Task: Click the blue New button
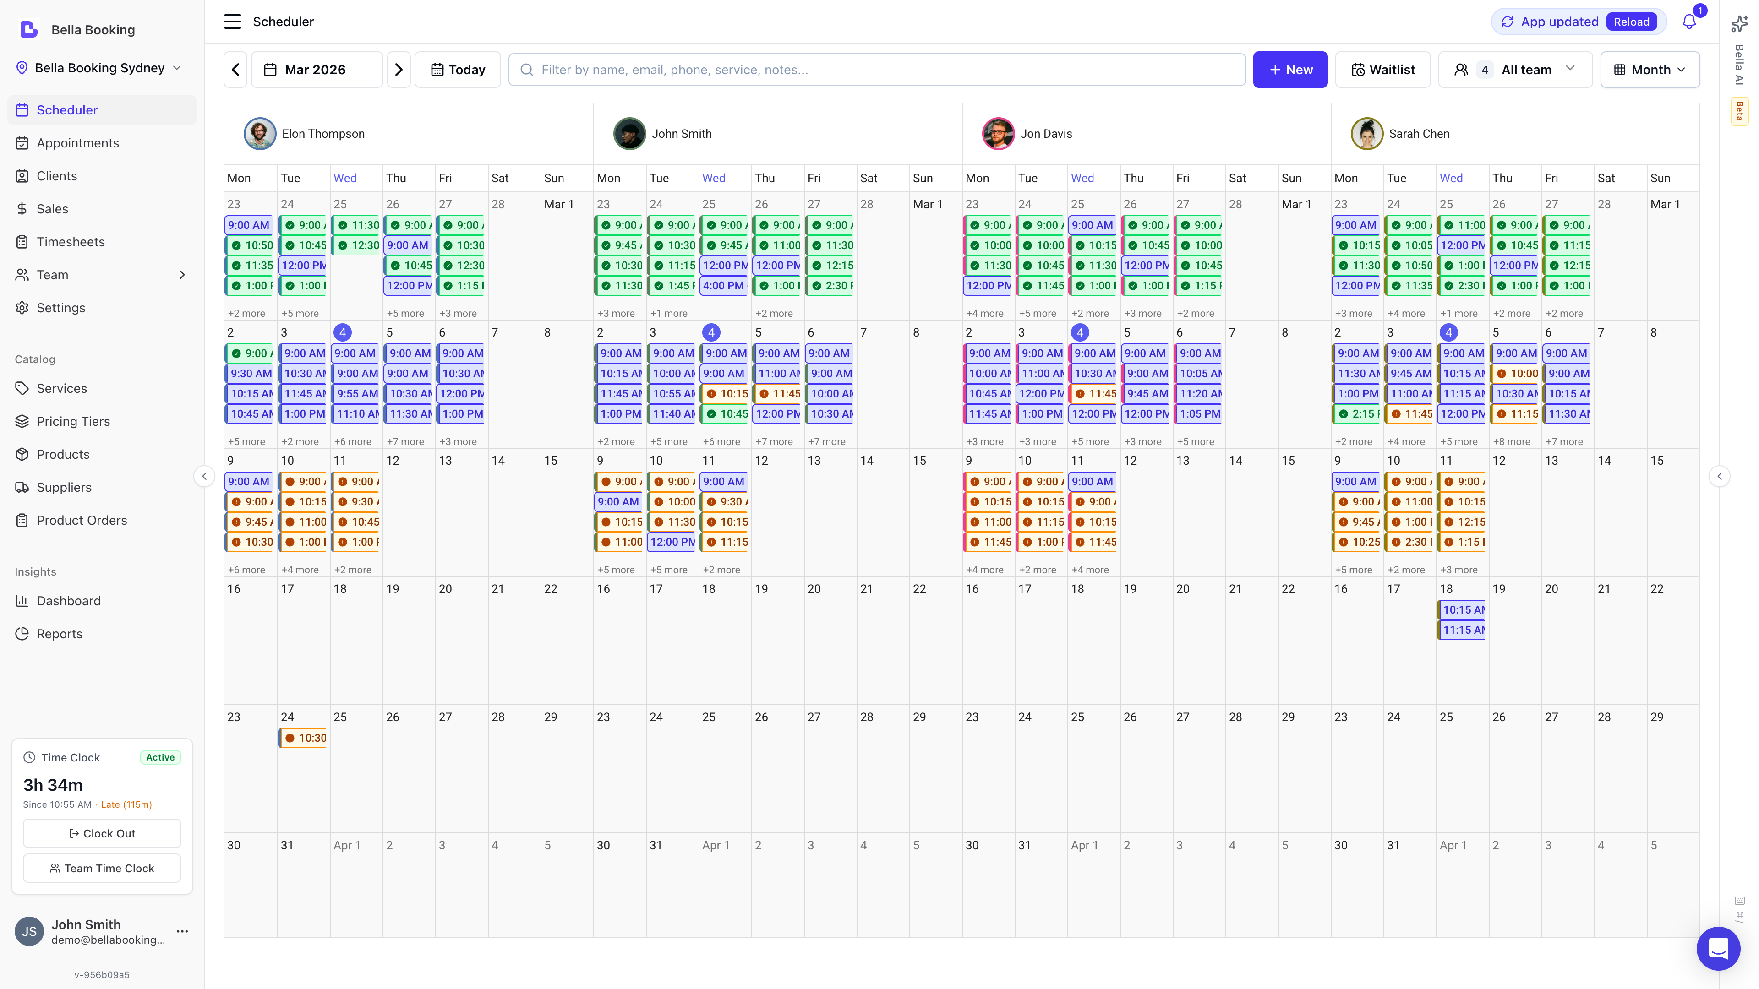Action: coord(1290,70)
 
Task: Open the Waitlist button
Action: coord(1383,70)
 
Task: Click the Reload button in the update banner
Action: coord(1631,22)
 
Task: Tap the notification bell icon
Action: coord(1688,22)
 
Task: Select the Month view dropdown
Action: coord(1650,70)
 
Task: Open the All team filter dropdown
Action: coord(1515,70)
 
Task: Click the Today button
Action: coord(458,70)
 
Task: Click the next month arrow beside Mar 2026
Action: coord(399,70)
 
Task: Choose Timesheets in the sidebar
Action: coord(71,242)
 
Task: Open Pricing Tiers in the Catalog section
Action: coord(73,421)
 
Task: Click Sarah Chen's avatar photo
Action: coord(1366,134)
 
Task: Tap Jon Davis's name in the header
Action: coord(1045,134)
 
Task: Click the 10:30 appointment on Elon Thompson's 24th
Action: coord(304,738)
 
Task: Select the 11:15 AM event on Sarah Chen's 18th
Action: coord(1462,630)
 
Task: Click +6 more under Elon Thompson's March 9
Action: coord(246,570)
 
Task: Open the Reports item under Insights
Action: coord(60,633)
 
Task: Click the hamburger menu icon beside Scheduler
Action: coord(232,22)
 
